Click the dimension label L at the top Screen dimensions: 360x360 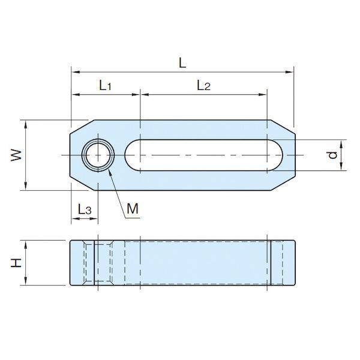(182, 62)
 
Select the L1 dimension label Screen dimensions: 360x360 (106, 85)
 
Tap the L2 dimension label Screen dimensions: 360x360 (203, 85)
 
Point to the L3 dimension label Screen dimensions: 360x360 (85, 209)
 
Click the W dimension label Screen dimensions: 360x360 (16, 155)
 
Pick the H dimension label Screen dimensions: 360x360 (16, 263)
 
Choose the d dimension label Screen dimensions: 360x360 (332, 155)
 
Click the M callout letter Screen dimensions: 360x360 (133, 209)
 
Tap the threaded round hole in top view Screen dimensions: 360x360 (98, 155)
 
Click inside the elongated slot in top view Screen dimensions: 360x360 (203, 155)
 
